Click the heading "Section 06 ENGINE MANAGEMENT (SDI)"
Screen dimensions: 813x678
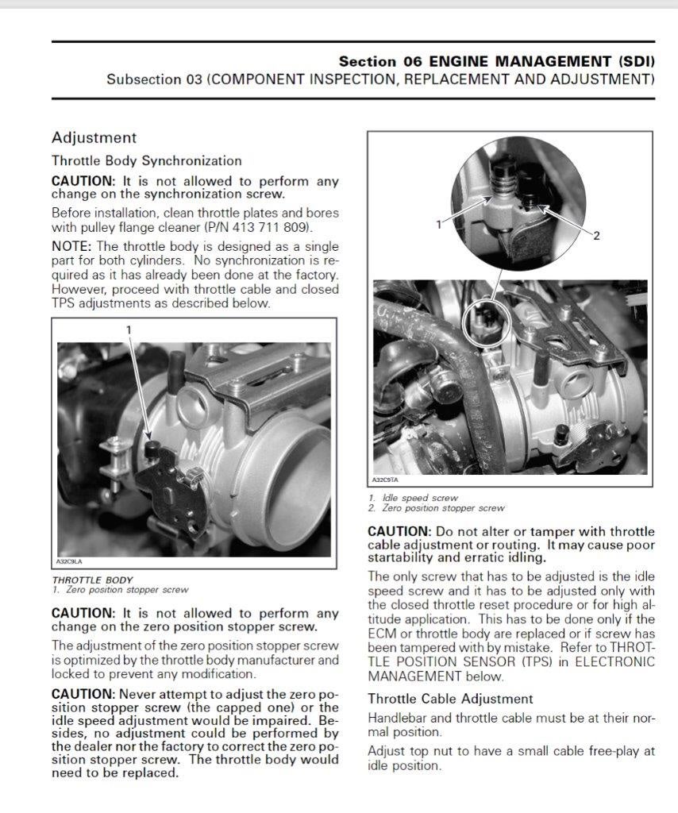pyautogui.click(x=496, y=61)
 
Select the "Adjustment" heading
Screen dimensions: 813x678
pyautogui.click(x=94, y=137)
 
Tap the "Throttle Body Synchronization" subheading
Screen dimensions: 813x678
pyautogui.click(x=146, y=160)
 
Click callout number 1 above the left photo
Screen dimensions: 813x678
pyautogui.click(x=129, y=329)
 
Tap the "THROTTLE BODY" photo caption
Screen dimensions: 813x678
pyautogui.click(x=92, y=580)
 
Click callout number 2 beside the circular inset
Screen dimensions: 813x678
pyautogui.click(x=597, y=235)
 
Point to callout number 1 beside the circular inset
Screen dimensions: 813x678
pyautogui.click(x=438, y=225)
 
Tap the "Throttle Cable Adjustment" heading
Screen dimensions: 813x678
pyautogui.click(x=450, y=699)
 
